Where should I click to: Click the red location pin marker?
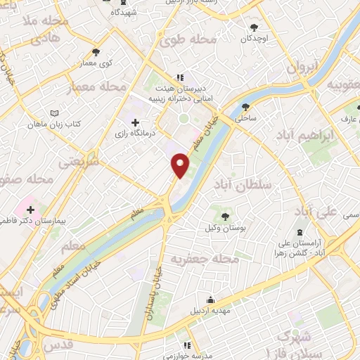point(181,165)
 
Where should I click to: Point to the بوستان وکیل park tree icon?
point(224,217)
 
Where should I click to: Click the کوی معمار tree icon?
point(96,51)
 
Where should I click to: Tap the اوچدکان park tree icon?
point(254,27)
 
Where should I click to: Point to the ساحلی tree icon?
point(245,108)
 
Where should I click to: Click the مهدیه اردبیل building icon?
point(207,299)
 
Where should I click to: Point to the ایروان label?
point(303,66)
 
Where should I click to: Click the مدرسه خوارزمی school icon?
point(188,345)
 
